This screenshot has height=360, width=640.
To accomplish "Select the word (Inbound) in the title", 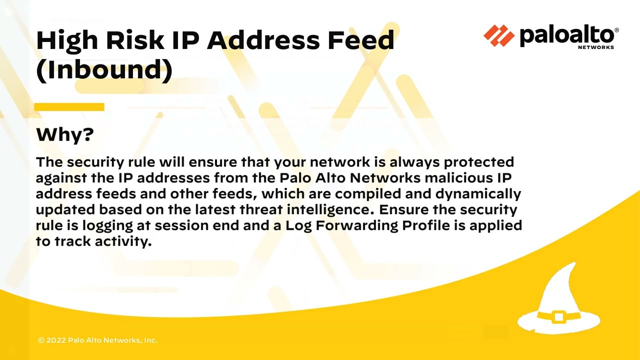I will point(104,70).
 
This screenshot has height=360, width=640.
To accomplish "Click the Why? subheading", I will point(65,134).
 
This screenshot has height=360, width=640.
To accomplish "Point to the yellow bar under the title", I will point(69,107).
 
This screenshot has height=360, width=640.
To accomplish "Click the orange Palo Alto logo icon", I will point(498,36).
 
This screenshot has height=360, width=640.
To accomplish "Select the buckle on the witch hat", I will point(559,316).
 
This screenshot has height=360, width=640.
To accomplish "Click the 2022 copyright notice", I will point(97,340).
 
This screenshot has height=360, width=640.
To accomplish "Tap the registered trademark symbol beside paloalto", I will point(616,30).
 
